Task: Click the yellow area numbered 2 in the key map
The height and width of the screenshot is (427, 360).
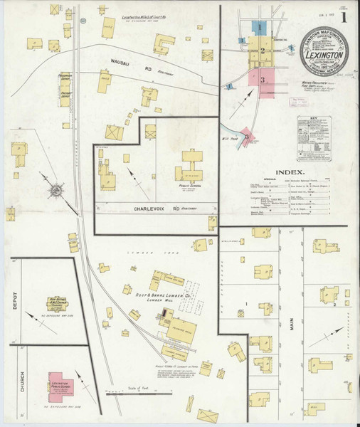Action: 262,50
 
